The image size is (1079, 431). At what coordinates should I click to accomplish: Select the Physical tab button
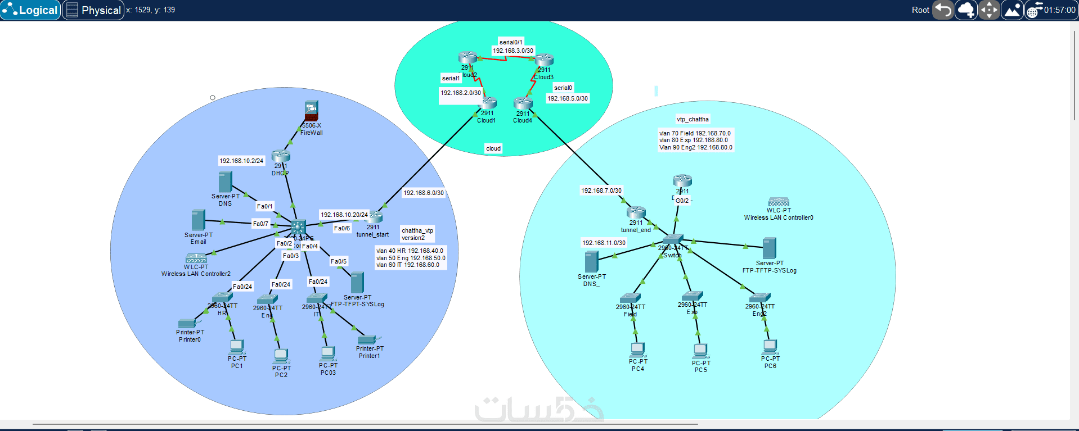(93, 10)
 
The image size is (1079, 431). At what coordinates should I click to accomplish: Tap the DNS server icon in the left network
(225, 182)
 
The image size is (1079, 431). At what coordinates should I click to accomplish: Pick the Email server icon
(198, 220)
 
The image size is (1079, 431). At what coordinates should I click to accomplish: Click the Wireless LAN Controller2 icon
(196, 258)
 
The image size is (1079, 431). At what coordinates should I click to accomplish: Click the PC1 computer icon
(237, 347)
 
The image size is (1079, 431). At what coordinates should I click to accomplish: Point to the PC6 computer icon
(770, 347)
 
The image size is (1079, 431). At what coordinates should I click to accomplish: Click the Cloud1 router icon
(487, 103)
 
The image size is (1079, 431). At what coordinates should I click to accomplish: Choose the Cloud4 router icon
(523, 103)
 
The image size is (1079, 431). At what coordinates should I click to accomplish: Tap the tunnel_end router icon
(636, 212)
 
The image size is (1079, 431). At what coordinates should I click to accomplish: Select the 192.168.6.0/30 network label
(424, 193)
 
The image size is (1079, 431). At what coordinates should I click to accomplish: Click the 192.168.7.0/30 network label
(601, 190)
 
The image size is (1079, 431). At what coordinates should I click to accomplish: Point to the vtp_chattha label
(693, 119)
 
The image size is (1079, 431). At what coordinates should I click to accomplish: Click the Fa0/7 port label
(260, 224)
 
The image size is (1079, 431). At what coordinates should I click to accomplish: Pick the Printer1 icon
(367, 339)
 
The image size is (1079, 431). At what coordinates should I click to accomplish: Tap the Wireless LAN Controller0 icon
(779, 202)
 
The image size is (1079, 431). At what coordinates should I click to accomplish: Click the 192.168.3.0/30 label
(513, 51)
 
